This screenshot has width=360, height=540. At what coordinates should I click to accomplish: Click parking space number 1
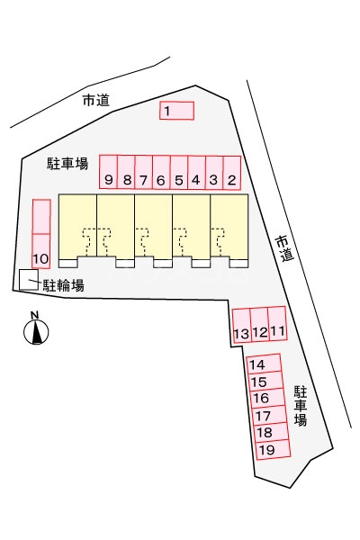[x=176, y=111]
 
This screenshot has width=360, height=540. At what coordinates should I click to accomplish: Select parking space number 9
[x=109, y=172]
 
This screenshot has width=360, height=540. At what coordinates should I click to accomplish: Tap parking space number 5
[x=179, y=172]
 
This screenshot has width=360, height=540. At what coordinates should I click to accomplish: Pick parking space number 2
[x=232, y=173]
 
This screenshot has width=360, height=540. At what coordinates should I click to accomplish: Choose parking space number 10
[x=41, y=251]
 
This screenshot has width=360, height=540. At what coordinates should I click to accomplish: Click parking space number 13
[x=241, y=326]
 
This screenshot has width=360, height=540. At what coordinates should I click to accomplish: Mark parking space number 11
[x=277, y=323]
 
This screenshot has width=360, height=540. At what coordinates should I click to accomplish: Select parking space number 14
[x=265, y=364]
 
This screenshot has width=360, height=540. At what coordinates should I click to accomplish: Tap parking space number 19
[x=274, y=449]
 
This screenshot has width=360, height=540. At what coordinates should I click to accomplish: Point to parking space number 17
[x=270, y=415]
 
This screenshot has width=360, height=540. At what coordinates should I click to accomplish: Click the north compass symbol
[x=36, y=331]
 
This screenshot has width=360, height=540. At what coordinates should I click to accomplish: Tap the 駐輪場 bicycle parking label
[x=63, y=285]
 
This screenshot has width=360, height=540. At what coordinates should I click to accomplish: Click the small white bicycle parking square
[x=28, y=280]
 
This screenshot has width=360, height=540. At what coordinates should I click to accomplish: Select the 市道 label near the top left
[x=96, y=100]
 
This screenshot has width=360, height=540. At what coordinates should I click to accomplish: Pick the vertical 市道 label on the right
[x=285, y=248]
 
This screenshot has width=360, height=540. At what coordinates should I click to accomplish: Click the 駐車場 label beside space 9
[x=67, y=163]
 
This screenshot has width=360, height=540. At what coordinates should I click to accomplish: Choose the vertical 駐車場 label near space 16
[x=301, y=406]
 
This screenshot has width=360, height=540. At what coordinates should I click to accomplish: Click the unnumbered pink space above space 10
[x=41, y=217]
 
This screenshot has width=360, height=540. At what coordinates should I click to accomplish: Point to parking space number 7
[x=144, y=172]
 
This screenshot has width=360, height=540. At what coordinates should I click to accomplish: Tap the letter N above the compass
[x=34, y=315]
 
